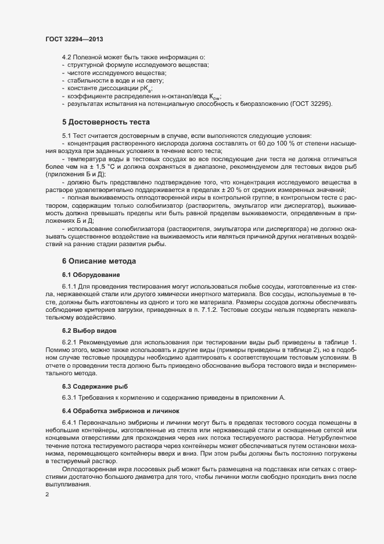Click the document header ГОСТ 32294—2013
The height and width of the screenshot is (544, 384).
pos(74,38)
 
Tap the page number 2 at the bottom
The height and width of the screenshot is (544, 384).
pos(47,495)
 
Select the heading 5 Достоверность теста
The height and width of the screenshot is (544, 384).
pos(106,122)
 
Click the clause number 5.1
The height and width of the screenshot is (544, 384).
pos(67,135)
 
